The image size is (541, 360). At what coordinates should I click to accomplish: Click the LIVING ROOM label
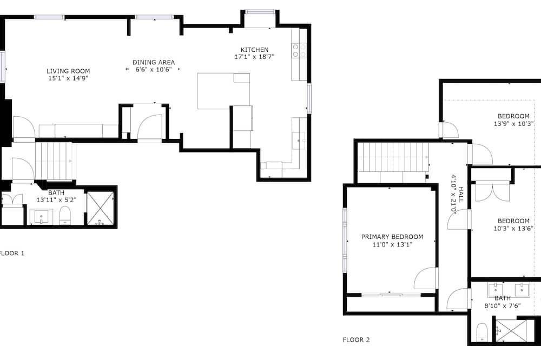(68, 71)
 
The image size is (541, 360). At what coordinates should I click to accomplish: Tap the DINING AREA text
(154, 62)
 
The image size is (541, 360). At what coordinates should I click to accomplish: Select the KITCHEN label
(254, 50)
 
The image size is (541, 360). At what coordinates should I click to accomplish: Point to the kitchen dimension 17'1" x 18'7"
(254, 57)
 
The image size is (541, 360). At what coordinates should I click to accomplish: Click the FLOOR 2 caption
(356, 339)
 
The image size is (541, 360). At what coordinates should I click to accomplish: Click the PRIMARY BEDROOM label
(392, 237)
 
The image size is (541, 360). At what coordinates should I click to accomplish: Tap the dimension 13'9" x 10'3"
(514, 123)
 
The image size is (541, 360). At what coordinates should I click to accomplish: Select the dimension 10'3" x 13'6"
(514, 228)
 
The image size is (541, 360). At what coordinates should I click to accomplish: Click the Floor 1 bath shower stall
(100, 209)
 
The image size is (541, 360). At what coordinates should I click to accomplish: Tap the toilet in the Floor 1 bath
(65, 216)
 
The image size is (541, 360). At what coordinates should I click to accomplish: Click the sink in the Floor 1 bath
(42, 217)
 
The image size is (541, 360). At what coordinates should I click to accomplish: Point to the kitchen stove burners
(299, 50)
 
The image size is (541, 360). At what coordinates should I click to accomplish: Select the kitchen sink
(299, 141)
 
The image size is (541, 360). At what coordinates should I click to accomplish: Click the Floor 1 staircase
(56, 161)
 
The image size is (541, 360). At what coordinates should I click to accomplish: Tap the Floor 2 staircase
(393, 158)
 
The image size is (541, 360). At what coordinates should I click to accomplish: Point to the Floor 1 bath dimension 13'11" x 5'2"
(57, 199)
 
